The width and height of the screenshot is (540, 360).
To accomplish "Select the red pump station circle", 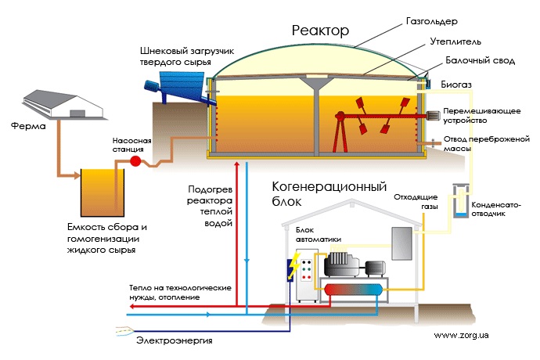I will point(134,161).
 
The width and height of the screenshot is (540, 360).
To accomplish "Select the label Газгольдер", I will point(434,23).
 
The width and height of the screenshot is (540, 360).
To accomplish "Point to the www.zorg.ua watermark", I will point(461,334).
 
